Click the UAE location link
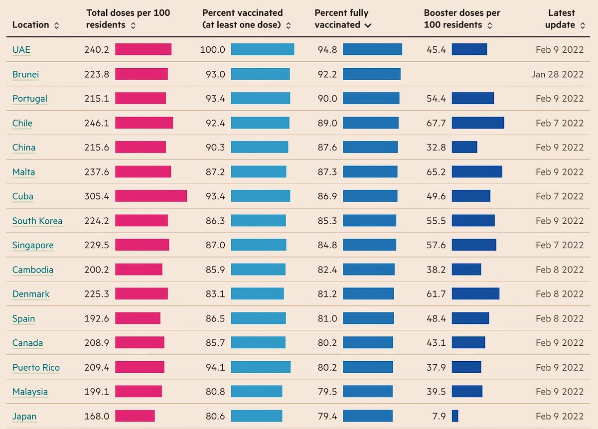(x=21, y=50)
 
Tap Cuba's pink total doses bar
(x=151, y=196)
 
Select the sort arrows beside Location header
(x=56, y=25)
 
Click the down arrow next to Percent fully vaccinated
(x=368, y=25)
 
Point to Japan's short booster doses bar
(x=455, y=416)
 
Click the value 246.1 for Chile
(x=97, y=123)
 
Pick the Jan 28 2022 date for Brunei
(x=558, y=74)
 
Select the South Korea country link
(x=37, y=221)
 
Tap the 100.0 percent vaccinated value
(x=212, y=50)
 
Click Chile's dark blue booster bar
(x=478, y=123)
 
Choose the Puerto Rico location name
(x=36, y=368)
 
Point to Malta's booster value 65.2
(x=436, y=172)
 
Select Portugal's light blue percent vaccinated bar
(x=261, y=98)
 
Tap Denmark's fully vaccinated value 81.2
(x=327, y=294)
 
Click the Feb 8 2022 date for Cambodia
(x=560, y=270)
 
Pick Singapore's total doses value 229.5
(x=97, y=245)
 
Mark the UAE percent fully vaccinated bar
(x=372, y=49)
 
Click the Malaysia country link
(x=30, y=392)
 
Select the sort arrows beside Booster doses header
(x=489, y=25)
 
